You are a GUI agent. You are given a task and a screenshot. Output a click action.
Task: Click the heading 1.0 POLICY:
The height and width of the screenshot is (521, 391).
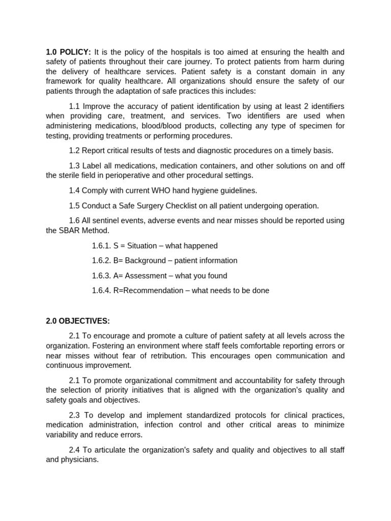point(68,52)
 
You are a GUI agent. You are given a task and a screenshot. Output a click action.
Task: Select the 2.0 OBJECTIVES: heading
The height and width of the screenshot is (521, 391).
point(78,321)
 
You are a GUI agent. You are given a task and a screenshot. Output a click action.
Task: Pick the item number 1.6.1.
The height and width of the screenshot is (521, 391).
point(101,246)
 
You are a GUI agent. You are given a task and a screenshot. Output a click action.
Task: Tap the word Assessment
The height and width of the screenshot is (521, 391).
point(145,276)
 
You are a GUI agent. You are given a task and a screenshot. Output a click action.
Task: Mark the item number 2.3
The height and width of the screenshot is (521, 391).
point(74,415)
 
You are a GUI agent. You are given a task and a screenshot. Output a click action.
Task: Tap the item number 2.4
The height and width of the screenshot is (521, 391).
point(74,450)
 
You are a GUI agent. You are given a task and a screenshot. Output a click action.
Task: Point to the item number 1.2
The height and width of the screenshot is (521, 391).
point(74,151)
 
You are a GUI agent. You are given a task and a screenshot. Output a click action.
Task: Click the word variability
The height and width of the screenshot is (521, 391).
point(64,435)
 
